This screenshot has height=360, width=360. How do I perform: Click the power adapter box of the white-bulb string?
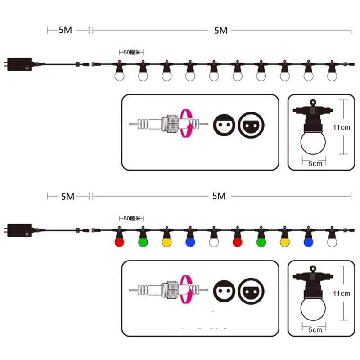[x=19, y=64]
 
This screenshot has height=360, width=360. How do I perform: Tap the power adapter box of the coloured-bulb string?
[x=19, y=230]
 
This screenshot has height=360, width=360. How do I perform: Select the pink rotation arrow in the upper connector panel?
[x=185, y=124]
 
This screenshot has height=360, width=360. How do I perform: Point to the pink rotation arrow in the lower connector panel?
[x=185, y=290]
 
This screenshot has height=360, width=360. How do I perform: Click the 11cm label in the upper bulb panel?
[x=342, y=127]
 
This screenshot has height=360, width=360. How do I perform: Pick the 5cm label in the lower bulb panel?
[x=315, y=330]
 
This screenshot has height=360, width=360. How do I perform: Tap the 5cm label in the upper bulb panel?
[x=315, y=164]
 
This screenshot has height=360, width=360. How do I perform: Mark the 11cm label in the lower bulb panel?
[x=342, y=293]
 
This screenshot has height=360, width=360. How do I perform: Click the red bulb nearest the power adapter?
[x=119, y=242]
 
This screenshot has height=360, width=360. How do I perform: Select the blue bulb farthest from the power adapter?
[x=308, y=242]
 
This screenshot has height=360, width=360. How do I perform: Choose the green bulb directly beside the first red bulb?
[x=143, y=242]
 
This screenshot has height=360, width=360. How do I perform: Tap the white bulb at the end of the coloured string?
[x=332, y=242]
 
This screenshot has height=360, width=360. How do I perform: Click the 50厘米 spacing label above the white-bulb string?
[x=131, y=52]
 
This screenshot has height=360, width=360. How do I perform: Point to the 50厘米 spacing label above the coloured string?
[x=131, y=218]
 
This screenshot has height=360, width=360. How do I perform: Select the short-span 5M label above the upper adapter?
[x=65, y=30]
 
